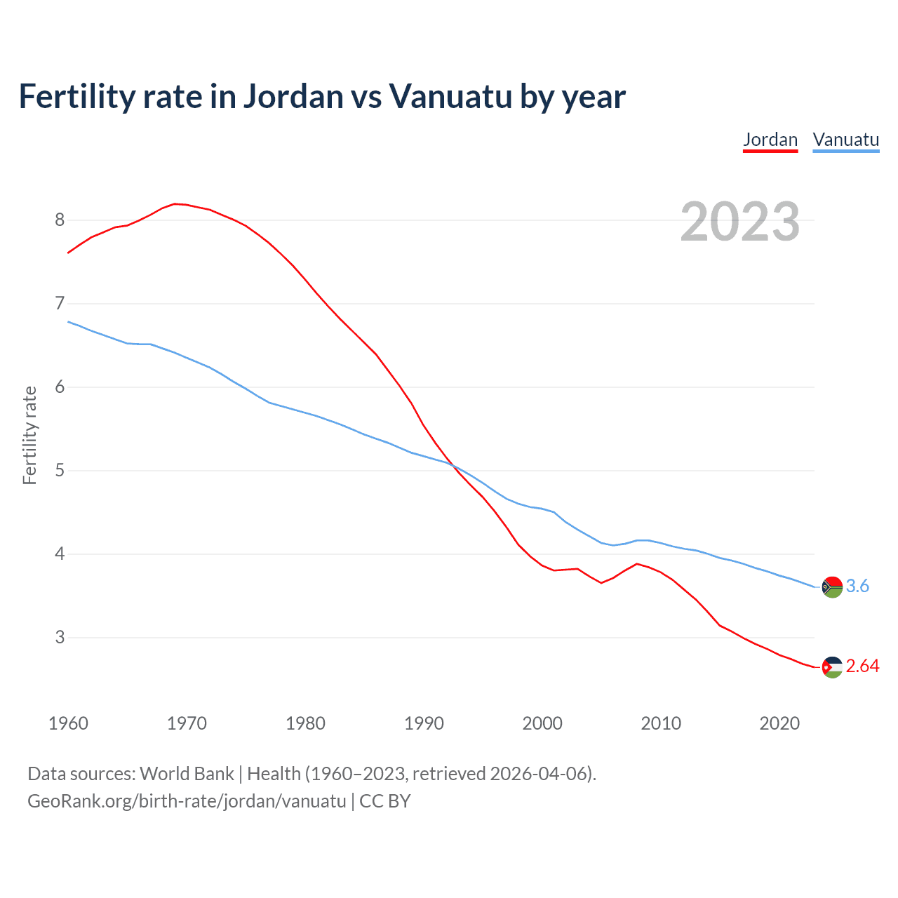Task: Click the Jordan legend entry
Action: [x=770, y=140]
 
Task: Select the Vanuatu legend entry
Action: [x=845, y=140]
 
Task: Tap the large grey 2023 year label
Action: [x=739, y=222]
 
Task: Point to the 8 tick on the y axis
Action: [x=60, y=220]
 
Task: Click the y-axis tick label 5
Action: [x=60, y=470]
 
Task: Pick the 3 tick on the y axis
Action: [x=60, y=637]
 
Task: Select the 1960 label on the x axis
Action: [x=68, y=723]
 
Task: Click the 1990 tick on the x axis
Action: [x=424, y=723]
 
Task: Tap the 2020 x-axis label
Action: [x=779, y=723]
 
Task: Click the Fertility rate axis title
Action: [x=29, y=435]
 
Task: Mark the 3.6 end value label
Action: [x=857, y=586]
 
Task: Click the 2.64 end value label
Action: [x=862, y=666]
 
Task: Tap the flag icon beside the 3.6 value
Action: [x=832, y=587]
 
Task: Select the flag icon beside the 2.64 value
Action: [x=832, y=666]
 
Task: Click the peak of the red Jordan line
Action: [x=175, y=203]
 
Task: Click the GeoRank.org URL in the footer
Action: [x=187, y=800]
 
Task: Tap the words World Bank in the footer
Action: [x=187, y=773]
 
